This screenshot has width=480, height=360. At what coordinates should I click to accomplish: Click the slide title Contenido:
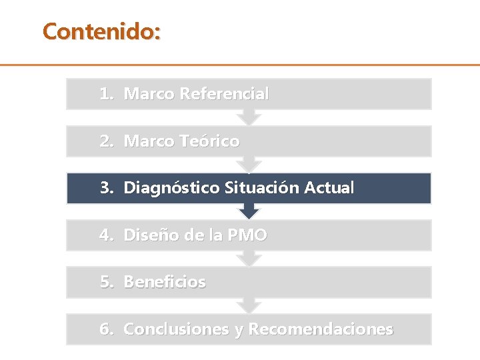pos(101,31)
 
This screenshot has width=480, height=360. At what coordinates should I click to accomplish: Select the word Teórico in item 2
pos(209,141)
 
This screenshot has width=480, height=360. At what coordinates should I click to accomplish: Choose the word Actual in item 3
pos(329,188)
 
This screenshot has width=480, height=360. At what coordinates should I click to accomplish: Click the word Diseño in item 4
pos(147,235)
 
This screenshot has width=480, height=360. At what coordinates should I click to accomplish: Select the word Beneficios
pos(165,282)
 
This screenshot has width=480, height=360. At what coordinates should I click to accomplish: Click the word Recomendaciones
pos(321,329)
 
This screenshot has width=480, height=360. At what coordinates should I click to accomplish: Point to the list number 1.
pos(105,94)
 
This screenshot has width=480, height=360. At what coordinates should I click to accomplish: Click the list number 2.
pos(105,141)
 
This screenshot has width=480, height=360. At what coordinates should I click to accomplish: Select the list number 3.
pos(105,188)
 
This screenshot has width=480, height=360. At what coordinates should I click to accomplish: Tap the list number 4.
pos(105,235)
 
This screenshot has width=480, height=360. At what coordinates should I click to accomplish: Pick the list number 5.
pos(105,282)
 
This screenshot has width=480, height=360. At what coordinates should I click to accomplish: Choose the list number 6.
pos(105,329)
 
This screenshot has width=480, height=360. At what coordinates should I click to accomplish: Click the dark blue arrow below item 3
pos(249,211)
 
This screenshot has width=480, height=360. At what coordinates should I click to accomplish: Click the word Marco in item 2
pos(149,141)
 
